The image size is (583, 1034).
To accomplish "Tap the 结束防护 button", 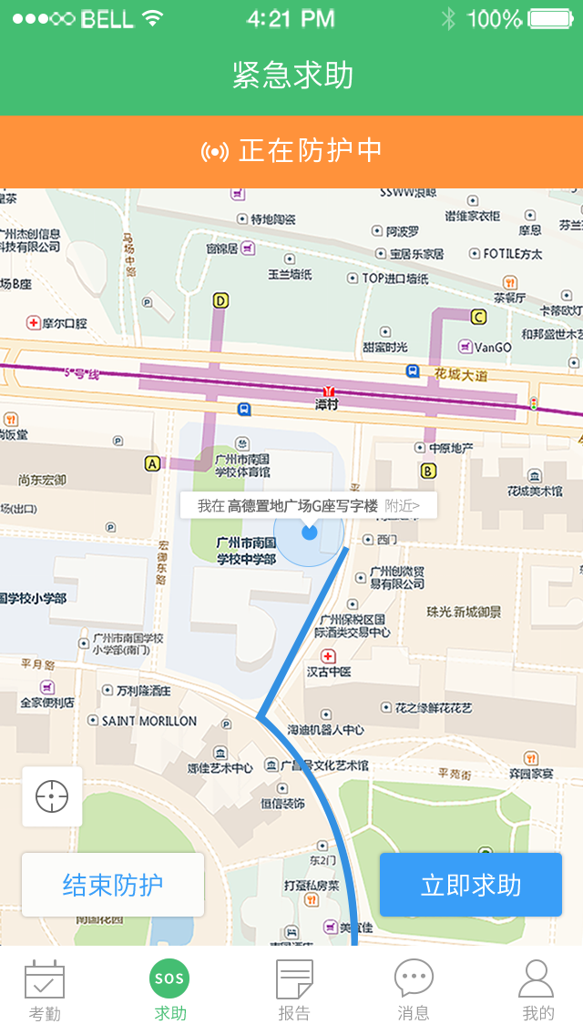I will coord(113,885).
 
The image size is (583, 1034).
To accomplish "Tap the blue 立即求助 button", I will coord(470,885).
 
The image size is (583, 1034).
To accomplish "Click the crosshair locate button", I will coord(52,796).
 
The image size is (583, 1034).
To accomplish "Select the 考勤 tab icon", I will coord(45,979).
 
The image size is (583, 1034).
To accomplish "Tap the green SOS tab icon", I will coord(169,979).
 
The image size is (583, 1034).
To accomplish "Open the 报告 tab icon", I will coord(294,979).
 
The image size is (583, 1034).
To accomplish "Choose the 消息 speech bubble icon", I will coord(414,978).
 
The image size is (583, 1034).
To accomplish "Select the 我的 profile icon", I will coord(537,979).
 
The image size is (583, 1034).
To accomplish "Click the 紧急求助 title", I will coord(292,76).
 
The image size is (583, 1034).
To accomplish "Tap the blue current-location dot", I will coord(310,532).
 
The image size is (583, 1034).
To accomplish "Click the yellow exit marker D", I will coord(220,299).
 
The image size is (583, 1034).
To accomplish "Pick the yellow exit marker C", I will coord(478,317).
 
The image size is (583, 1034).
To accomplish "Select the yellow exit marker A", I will coord(152,463).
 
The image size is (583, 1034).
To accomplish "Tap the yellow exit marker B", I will coord(428,471).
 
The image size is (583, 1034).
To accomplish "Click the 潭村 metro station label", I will coord(326,403).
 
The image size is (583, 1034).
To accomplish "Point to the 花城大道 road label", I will coord(461,373).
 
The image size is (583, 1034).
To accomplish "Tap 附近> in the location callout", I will coord(403,505).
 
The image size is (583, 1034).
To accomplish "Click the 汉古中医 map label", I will coord(329,672).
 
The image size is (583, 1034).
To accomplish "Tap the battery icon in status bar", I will coord(550,18).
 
